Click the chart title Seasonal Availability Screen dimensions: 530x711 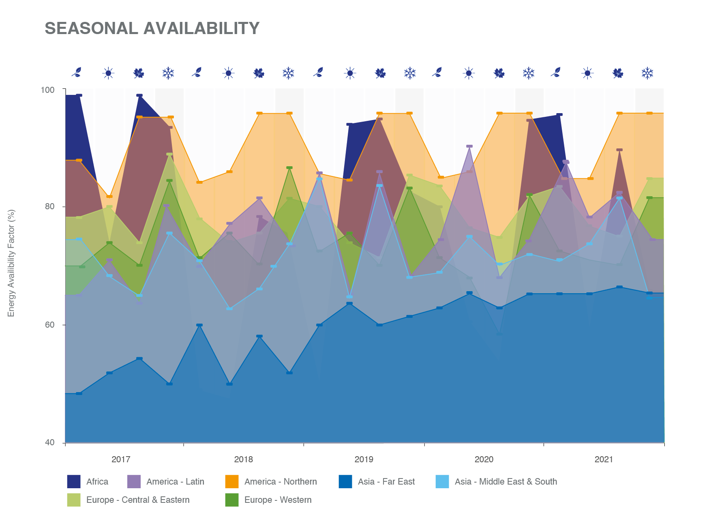click(152, 28)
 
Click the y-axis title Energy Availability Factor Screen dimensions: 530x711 click(11, 263)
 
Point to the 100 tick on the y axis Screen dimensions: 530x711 click(47, 90)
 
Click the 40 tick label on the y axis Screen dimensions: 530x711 click(49, 442)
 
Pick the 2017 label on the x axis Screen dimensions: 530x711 click(121, 459)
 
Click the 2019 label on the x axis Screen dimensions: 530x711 click(364, 459)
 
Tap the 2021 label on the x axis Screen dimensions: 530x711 click(604, 459)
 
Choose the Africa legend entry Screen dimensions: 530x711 click(88, 481)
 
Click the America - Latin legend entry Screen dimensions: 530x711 click(166, 481)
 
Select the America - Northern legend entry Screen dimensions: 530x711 click(271, 481)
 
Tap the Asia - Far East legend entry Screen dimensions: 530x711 click(377, 481)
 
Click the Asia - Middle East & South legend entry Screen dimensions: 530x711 click(497, 481)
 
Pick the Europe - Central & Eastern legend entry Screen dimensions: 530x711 click(128, 500)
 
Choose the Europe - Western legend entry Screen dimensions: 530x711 click(269, 500)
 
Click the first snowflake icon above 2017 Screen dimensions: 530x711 click(168, 73)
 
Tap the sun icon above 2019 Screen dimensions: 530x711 click(350, 73)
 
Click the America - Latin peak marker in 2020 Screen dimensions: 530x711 click(469, 146)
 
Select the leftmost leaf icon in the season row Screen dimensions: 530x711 click(77, 72)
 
